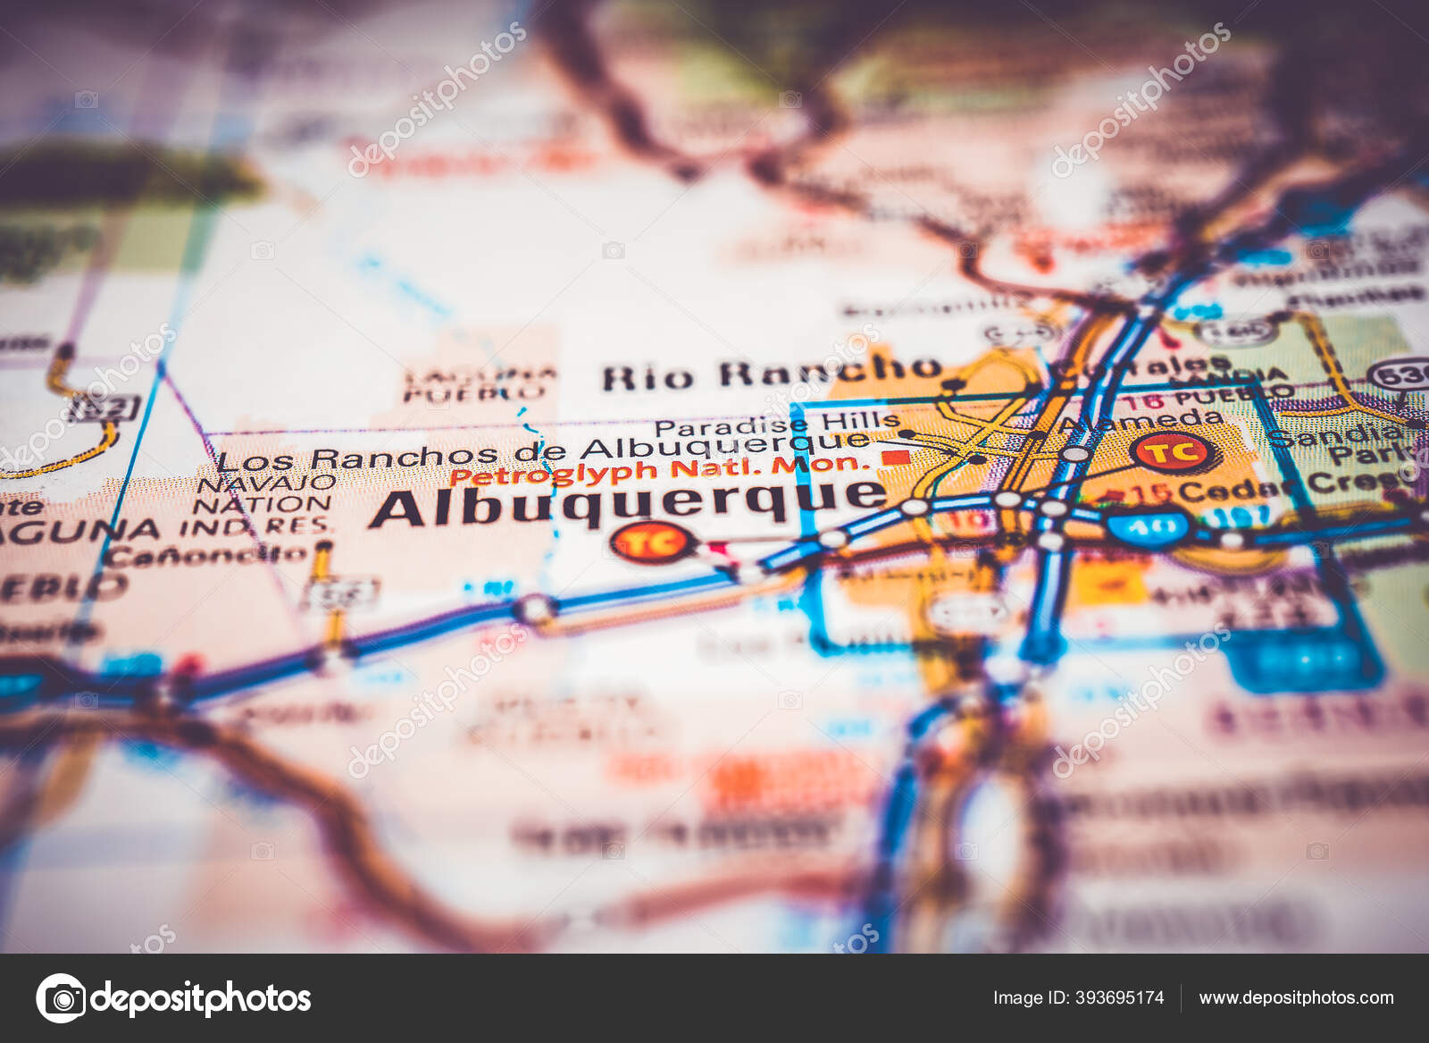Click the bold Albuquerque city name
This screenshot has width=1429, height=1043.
628,503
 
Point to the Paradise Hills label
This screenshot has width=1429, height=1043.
776,423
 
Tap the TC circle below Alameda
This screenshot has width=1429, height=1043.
1174,451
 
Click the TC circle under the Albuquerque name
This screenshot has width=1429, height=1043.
653,542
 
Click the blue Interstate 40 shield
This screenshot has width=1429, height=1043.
1149,526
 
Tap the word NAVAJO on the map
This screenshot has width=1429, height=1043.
265,484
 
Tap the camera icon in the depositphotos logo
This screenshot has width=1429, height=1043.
61,997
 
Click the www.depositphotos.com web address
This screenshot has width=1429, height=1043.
1296,997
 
